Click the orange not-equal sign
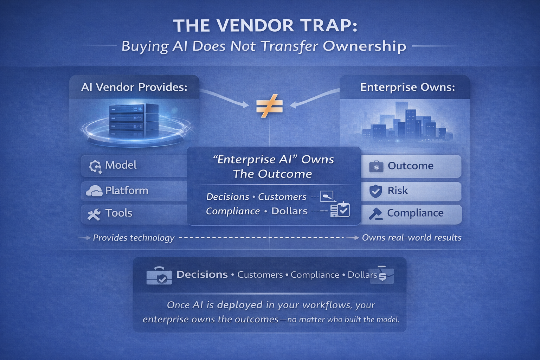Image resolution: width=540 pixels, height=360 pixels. (x=269, y=106)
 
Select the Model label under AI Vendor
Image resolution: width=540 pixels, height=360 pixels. (x=121, y=165)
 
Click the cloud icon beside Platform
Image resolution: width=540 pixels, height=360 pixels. (x=94, y=191)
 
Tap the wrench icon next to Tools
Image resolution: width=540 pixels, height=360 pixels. (x=94, y=214)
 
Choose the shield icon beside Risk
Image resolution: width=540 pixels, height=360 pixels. (x=375, y=191)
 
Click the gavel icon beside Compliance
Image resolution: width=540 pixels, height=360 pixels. (x=375, y=214)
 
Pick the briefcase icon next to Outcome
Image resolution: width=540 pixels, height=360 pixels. (x=376, y=166)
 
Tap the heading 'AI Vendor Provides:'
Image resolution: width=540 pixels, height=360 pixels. (x=134, y=87)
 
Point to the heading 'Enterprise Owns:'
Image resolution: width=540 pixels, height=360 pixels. (x=407, y=87)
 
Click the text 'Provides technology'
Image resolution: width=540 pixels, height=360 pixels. (x=134, y=238)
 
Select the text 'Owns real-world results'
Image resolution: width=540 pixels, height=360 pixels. (x=412, y=238)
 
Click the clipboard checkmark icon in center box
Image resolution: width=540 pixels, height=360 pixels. (x=340, y=210)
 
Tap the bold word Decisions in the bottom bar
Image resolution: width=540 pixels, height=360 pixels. (x=202, y=275)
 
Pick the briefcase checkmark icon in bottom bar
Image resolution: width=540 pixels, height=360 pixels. (x=159, y=275)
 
